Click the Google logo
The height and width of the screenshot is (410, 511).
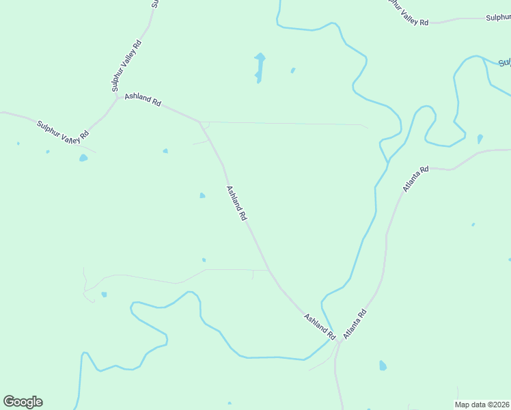tap(23, 402)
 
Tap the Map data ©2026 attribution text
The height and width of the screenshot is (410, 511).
tap(482, 405)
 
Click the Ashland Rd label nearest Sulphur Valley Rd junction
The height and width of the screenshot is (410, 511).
tap(142, 100)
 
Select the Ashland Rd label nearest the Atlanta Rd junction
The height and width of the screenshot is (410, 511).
tap(320, 328)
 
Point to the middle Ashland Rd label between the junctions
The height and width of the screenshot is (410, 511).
tap(236, 204)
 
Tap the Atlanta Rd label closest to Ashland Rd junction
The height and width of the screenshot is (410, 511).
tap(355, 324)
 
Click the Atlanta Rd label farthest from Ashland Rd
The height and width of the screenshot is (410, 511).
tap(415, 179)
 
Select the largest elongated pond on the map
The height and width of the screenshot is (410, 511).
tap(260, 67)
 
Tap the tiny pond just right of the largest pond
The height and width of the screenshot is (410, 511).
tap(293, 70)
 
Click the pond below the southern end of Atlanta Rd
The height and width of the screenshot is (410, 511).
tap(383, 366)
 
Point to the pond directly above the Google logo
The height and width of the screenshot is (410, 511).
tap(83, 158)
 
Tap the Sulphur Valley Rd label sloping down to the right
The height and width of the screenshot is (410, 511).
tap(63, 131)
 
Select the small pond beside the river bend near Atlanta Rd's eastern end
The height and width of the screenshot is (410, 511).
tap(480, 139)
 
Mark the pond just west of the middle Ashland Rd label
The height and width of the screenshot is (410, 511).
tap(202, 196)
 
